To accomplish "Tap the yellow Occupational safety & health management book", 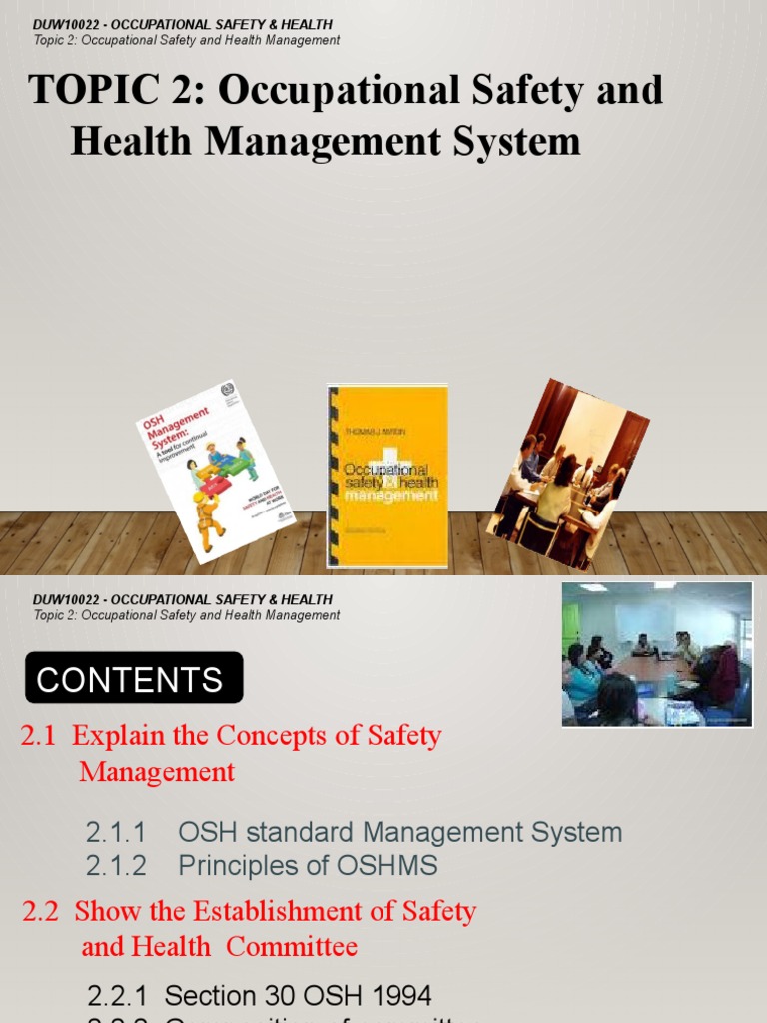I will [x=386, y=476].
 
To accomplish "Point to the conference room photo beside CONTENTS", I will [x=656, y=653].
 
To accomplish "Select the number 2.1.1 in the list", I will [x=116, y=833].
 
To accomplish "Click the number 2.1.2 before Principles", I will [x=116, y=866].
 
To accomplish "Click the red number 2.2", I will [x=41, y=911].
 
